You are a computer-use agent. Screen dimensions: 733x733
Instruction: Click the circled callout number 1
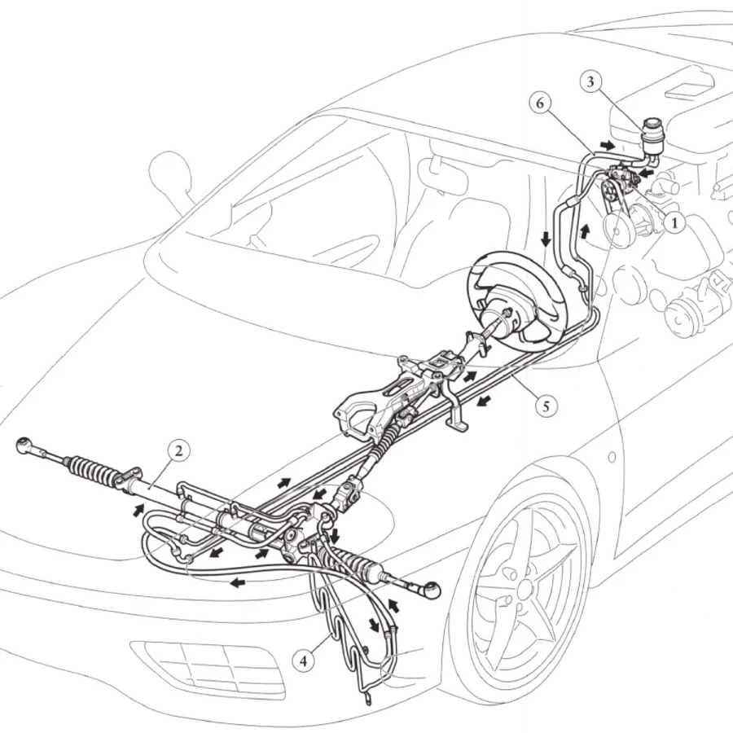(674, 223)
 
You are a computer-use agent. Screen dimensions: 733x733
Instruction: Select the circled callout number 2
(178, 451)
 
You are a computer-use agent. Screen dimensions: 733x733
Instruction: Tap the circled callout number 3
(590, 81)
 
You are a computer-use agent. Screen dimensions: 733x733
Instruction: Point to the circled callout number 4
(304, 661)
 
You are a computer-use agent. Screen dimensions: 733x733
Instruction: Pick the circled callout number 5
(546, 406)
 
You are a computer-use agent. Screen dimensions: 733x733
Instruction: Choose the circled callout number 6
(540, 103)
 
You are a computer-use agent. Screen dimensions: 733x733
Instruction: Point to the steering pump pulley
(610, 191)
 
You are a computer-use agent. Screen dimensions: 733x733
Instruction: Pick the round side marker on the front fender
(612, 457)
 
